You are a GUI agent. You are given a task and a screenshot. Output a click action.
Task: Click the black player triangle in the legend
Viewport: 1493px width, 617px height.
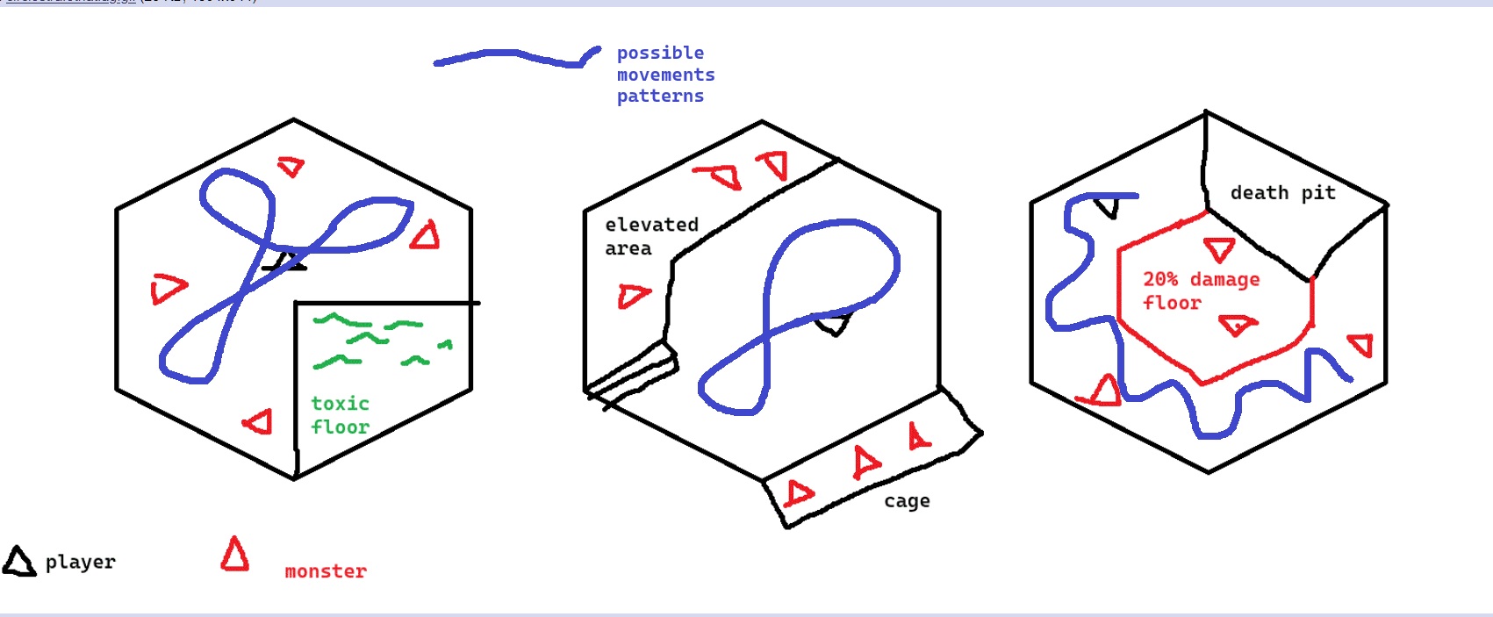[x=18, y=562]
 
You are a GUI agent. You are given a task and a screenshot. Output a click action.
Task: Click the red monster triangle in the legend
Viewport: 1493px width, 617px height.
[x=234, y=556]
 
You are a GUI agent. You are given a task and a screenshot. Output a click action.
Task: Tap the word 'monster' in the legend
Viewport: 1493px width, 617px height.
[x=326, y=571]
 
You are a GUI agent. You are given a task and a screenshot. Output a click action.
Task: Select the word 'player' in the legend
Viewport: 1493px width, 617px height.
[x=80, y=562]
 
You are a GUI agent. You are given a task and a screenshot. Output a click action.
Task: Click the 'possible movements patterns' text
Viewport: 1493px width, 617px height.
[x=664, y=75]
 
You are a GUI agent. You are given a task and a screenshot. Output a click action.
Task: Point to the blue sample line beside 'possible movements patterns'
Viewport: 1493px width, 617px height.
[x=517, y=57]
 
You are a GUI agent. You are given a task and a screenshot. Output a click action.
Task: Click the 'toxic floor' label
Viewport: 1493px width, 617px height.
[x=340, y=415]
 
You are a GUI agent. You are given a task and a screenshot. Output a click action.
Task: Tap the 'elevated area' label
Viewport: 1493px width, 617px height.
[x=651, y=236]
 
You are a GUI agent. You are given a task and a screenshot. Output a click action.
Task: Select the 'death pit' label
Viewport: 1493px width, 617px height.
[x=1282, y=193]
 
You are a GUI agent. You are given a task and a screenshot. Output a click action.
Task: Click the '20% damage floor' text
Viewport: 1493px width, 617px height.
[x=1200, y=291]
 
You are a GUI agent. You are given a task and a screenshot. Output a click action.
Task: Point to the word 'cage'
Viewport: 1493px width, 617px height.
[x=907, y=501]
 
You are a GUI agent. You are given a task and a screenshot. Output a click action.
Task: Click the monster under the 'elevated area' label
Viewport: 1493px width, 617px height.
[x=633, y=296]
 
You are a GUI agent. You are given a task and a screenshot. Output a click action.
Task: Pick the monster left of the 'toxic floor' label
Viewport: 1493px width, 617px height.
[x=258, y=422]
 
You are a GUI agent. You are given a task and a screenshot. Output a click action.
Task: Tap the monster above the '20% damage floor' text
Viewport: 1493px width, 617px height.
[x=1219, y=249]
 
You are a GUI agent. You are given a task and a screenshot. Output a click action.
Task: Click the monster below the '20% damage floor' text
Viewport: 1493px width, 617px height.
[x=1238, y=326]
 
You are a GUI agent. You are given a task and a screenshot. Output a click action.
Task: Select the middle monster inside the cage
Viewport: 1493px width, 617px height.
[x=865, y=462]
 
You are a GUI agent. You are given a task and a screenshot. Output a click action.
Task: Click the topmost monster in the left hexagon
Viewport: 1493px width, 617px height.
[x=291, y=165]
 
